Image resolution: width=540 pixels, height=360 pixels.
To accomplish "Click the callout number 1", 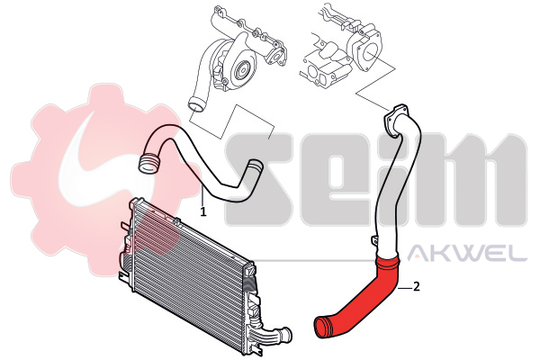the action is point(203,211).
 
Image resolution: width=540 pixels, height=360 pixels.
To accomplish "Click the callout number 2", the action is point(417,286).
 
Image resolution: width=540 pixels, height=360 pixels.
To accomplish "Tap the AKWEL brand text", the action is point(467,253).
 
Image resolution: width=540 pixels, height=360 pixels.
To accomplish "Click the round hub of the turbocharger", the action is point(242,71).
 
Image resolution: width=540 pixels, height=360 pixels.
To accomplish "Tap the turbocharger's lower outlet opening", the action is point(196,103).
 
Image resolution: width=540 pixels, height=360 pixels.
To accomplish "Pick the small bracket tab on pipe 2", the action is point(374,239).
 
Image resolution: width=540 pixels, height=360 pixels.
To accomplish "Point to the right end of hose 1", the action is point(256,165).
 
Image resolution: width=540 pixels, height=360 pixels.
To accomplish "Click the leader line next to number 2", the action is point(405,286).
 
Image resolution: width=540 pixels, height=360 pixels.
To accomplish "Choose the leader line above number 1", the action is point(203,195).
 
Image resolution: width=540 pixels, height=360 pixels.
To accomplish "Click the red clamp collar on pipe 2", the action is point(387,262).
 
